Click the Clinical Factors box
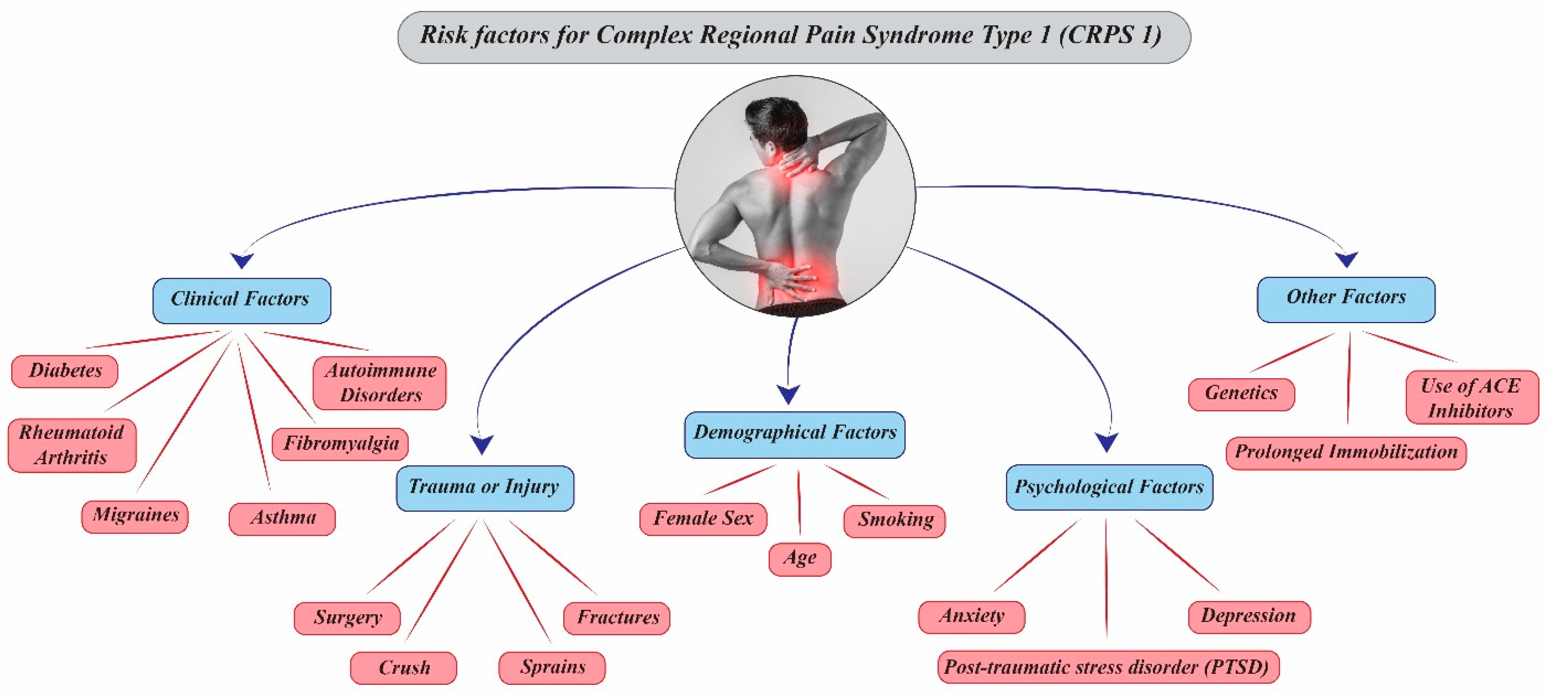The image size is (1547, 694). click(x=241, y=300)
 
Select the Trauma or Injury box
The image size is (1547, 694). click(x=485, y=488)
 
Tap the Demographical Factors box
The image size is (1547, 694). click(x=794, y=434)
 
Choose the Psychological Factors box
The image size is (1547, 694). click(x=1109, y=487)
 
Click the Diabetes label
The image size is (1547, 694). click(x=65, y=371)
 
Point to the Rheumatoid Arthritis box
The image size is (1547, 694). click(x=72, y=445)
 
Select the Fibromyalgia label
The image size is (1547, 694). click(x=340, y=444)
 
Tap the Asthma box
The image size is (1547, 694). click(x=282, y=518)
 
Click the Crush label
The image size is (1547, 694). click(x=403, y=668)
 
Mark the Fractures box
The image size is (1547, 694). click(x=617, y=618)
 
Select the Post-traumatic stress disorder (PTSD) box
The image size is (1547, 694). click(x=1108, y=667)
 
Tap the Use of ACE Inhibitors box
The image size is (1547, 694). click(x=1471, y=397)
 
